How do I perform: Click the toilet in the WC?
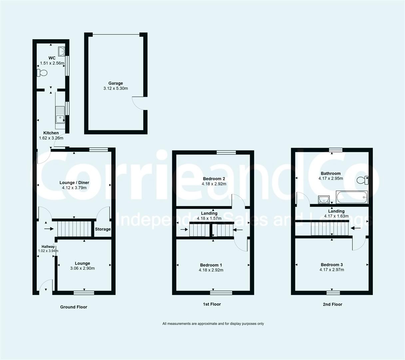click(x=42, y=73)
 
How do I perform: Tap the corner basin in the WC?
click(x=61, y=51)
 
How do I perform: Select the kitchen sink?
click(x=60, y=114)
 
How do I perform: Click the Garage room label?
click(x=116, y=83)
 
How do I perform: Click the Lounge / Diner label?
click(x=74, y=183)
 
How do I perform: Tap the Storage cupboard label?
click(x=103, y=229)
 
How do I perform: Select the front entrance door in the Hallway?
click(x=45, y=286)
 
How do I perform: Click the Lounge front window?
click(x=84, y=293)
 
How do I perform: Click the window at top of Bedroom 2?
click(x=226, y=153)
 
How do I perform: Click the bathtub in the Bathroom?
click(x=352, y=197)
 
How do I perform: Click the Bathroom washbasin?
click(x=323, y=199)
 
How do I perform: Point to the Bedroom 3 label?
click(x=332, y=265)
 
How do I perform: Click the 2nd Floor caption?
click(x=332, y=304)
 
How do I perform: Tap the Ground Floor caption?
click(x=74, y=307)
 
